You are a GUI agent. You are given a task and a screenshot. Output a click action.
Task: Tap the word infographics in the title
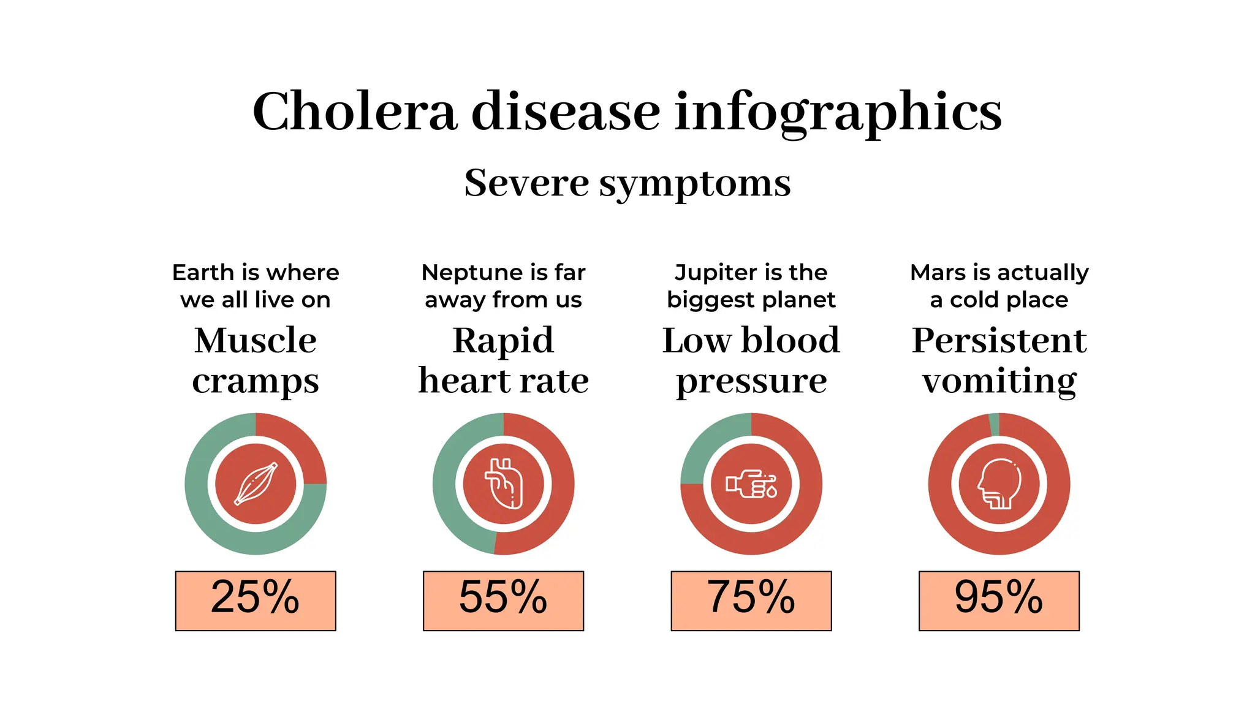point(838,112)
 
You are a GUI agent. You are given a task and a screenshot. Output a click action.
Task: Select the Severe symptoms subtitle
point(627,183)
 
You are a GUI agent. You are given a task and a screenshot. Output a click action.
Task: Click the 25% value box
point(256,600)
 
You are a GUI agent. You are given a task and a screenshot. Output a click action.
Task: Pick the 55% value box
point(503,600)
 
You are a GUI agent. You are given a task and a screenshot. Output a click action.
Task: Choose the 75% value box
point(751,600)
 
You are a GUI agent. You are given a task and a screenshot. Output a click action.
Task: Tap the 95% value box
point(999,600)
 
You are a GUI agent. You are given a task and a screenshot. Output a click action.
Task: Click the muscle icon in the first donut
point(256,484)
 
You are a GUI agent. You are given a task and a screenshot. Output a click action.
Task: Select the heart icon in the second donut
point(504,484)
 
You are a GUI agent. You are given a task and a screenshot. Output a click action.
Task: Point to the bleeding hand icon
point(751,484)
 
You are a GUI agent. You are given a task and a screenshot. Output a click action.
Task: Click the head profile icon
point(999,484)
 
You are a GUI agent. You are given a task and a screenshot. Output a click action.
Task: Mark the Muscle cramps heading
point(256,360)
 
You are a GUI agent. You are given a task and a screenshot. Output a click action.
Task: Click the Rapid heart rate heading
point(503,360)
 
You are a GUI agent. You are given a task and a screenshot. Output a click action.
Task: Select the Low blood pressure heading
point(751,360)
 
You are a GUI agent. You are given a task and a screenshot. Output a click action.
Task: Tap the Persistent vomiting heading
point(999,360)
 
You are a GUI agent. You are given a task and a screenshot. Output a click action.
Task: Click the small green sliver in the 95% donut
point(995,424)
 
